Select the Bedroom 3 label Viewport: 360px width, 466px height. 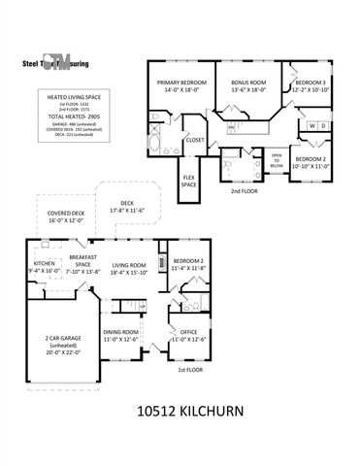pyautogui.click(x=312, y=85)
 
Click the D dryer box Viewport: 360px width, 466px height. pyautogui.click(x=323, y=126)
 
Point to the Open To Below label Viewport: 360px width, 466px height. pyautogui.click(x=277, y=159)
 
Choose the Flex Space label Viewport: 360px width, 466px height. pyautogui.click(x=190, y=182)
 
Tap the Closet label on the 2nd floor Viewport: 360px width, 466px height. pyautogui.click(x=194, y=140)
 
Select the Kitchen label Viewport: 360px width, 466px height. pyautogui.click(x=46, y=267)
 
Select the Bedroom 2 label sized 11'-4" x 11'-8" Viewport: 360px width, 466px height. pyautogui.click(x=187, y=264)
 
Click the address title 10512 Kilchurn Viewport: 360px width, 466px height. pyautogui.click(x=180, y=413)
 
